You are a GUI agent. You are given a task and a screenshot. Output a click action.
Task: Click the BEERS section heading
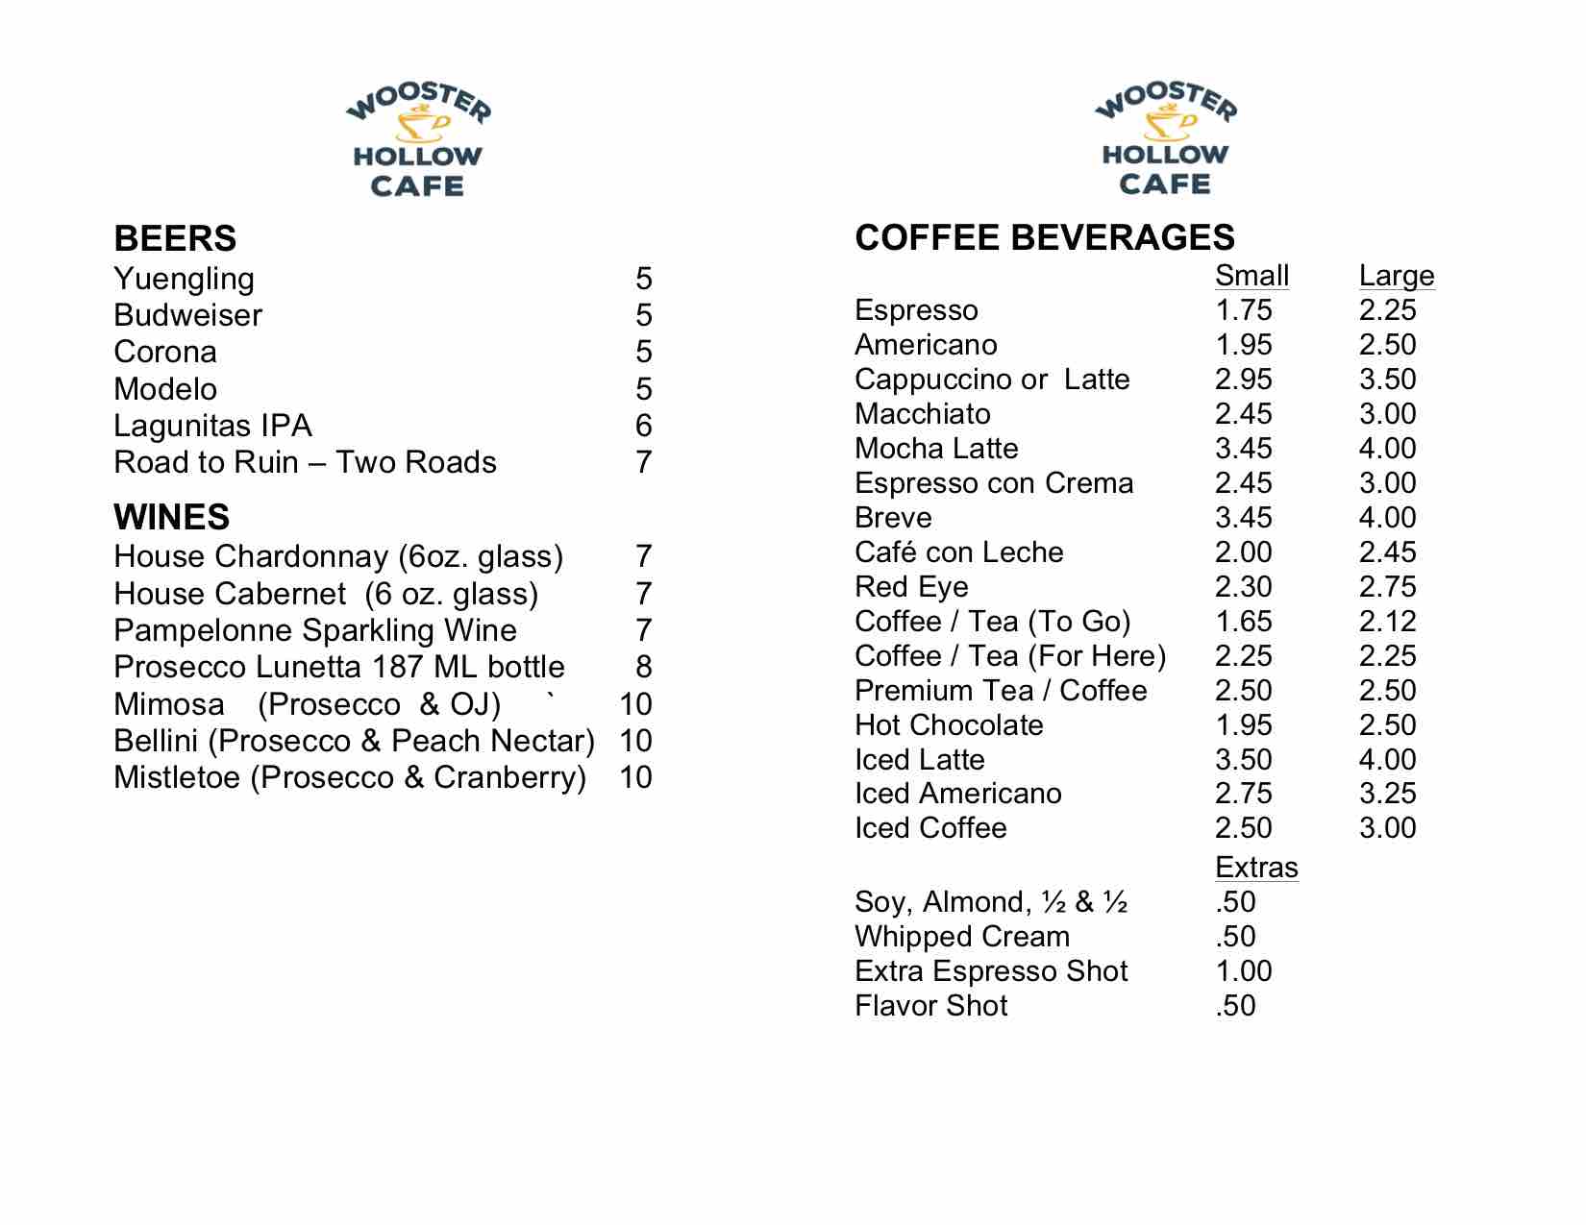coord(175,238)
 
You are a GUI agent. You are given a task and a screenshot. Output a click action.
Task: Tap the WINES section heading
coord(171,517)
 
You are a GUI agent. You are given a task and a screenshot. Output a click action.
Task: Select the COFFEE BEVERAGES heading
coord(1044,237)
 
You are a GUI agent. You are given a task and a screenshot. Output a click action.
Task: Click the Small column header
coord(1251,276)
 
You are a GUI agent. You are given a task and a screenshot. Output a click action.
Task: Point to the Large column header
coord(1396,276)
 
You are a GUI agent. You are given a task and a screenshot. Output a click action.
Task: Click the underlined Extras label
coord(1255,868)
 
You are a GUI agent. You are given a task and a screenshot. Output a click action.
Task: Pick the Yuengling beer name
coord(184,279)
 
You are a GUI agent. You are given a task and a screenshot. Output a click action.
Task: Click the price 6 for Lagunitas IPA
coord(643,426)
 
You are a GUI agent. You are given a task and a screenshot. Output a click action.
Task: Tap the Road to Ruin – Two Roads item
coord(305,462)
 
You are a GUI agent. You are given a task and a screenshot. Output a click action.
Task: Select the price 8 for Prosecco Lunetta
coord(643,667)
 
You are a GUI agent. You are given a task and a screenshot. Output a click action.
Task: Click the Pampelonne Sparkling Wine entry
coord(315,630)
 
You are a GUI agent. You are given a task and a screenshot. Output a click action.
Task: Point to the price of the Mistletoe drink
coord(635,776)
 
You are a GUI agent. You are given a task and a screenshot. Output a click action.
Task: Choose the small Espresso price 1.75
coord(1243,310)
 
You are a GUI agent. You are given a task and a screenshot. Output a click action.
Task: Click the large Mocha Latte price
coord(1387,449)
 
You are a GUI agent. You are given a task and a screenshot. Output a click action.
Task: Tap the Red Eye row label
coord(911,587)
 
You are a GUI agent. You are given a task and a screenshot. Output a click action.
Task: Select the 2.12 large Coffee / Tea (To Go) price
coord(1387,622)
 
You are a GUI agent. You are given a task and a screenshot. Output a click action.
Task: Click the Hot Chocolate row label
coord(949,725)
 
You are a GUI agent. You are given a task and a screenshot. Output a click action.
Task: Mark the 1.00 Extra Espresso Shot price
coord(1243,971)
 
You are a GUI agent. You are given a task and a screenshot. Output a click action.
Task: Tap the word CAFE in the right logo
coord(1164,184)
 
